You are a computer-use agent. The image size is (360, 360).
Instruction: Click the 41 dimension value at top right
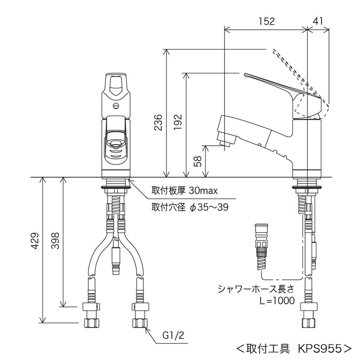pos(318,21)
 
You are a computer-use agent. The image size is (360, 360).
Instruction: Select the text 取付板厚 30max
pos(184,191)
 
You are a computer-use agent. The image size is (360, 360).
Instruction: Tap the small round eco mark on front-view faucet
pos(116,106)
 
